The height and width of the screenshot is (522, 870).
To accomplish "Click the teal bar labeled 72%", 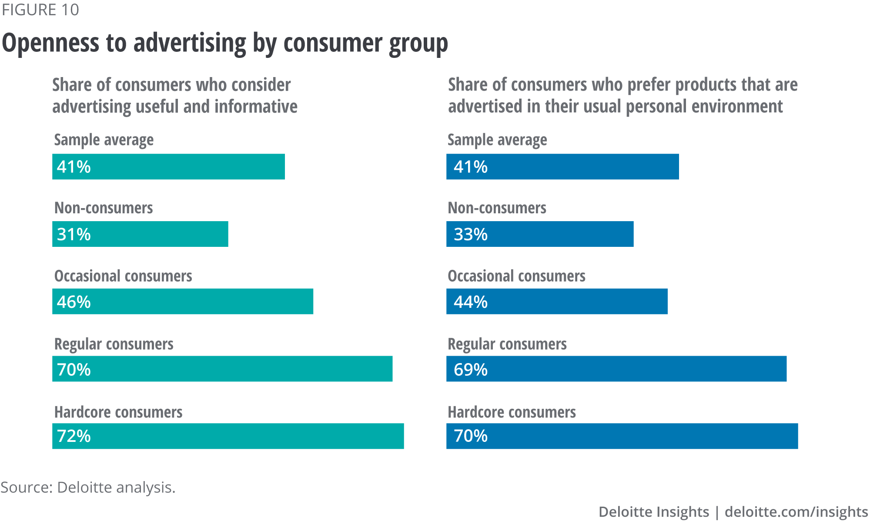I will click(x=228, y=436).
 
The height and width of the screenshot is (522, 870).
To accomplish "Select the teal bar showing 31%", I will click(x=140, y=234).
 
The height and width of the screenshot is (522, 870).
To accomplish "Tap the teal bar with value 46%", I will click(x=183, y=301).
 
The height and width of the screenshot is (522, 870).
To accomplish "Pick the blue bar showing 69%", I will click(x=616, y=369).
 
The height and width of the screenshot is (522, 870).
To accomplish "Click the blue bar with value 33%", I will click(x=540, y=234).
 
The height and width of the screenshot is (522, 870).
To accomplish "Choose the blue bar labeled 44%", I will click(x=557, y=301).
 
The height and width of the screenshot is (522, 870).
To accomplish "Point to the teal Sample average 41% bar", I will click(x=168, y=167).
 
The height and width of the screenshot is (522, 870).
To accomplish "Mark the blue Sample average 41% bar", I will click(x=562, y=167).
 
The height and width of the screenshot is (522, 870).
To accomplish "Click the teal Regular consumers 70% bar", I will click(x=222, y=369).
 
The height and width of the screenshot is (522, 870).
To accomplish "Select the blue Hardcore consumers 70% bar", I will click(x=622, y=436).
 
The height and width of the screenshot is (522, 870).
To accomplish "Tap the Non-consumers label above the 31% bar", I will click(x=104, y=208).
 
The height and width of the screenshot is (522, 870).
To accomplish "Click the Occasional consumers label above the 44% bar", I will click(x=516, y=276).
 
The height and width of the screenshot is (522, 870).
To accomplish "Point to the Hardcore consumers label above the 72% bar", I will click(x=118, y=412).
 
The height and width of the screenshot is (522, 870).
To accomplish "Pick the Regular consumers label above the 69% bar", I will click(x=507, y=344).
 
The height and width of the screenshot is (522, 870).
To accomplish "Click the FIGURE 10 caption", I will click(x=40, y=10).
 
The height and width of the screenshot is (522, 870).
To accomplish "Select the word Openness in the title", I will click(x=50, y=44).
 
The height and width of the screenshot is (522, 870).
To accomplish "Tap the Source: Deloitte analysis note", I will click(x=88, y=487).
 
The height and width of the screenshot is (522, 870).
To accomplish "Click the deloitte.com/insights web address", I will click(x=796, y=512).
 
